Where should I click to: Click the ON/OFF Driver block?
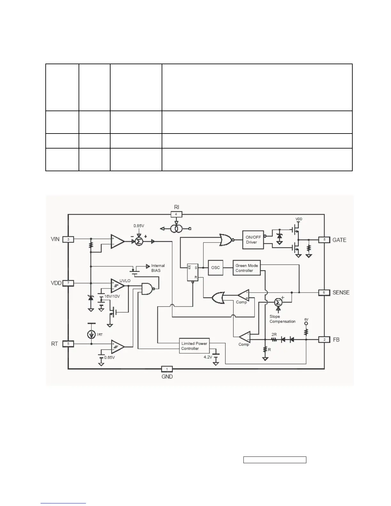[x=253, y=240]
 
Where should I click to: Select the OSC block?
[x=216, y=267]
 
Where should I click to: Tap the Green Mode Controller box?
[x=247, y=268]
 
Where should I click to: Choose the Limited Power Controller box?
[x=194, y=346]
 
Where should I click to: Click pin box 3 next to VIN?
[x=68, y=239]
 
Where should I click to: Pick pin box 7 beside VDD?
[x=68, y=283]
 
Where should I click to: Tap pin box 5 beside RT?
[x=68, y=344]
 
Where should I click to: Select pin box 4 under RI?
[x=176, y=214]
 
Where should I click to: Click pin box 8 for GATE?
[x=324, y=240]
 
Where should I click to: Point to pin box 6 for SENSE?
[x=324, y=292]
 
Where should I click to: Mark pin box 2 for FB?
[x=324, y=340]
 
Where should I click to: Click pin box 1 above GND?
[x=167, y=369]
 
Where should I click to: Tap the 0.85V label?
[x=139, y=226]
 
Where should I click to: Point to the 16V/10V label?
[x=112, y=296]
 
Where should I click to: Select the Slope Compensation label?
[x=282, y=319]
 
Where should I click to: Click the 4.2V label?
[x=208, y=357]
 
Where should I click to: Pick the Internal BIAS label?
[x=158, y=268]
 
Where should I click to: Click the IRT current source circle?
[x=91, y=334]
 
